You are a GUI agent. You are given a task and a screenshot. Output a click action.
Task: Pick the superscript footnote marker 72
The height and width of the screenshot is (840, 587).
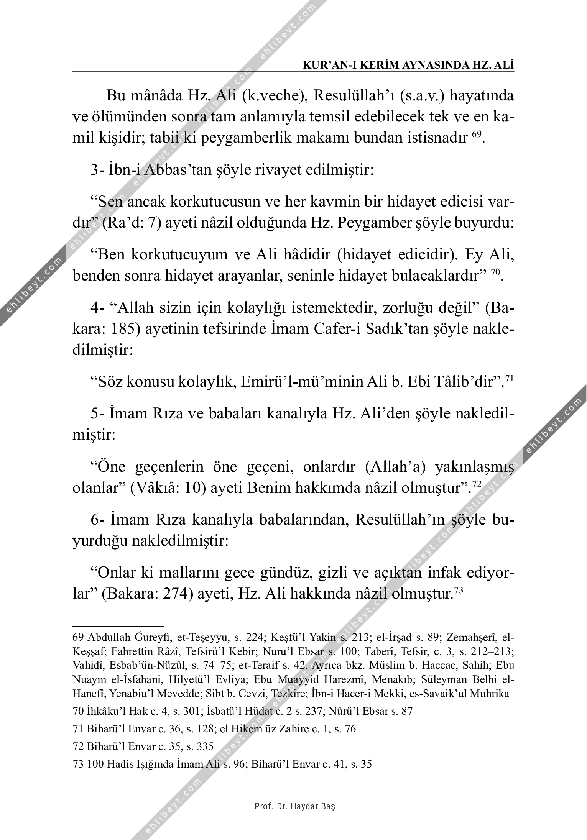click(477, 485)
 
